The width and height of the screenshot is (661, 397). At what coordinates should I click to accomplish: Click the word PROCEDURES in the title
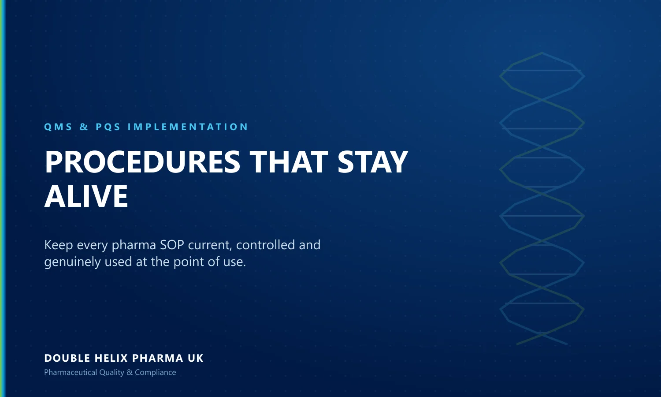coord(142,162)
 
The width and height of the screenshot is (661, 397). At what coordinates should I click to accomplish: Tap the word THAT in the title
coord(289,162)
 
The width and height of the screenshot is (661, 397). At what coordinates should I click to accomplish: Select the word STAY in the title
coord(373,162)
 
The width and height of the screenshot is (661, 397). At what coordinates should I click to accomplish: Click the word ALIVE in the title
coord(86,196)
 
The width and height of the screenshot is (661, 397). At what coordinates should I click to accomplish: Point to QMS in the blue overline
coord(58,127)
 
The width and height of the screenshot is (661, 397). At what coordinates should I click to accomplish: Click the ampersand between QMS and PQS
coord(84,127)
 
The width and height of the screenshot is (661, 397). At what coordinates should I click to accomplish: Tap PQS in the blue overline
coord(108,127)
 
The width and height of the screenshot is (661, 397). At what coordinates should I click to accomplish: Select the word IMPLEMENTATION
coord(188,127)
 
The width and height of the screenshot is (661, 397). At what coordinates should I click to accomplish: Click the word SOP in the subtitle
coord(172,245)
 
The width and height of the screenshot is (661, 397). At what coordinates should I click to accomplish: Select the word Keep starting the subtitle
coord(59,245)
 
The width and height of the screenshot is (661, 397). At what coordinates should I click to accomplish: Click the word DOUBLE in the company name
coord(67,358)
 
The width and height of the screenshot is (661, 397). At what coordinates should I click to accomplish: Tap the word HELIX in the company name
coord(111,358)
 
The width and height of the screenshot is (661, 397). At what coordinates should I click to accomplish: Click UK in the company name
coord(195,358)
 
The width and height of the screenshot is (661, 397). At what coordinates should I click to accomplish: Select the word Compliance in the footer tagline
coord(156,372)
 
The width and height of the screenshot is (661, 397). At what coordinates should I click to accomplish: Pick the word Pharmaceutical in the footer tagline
coord(71,372)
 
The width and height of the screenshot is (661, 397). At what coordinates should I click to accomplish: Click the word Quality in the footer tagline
coord(112,372)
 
